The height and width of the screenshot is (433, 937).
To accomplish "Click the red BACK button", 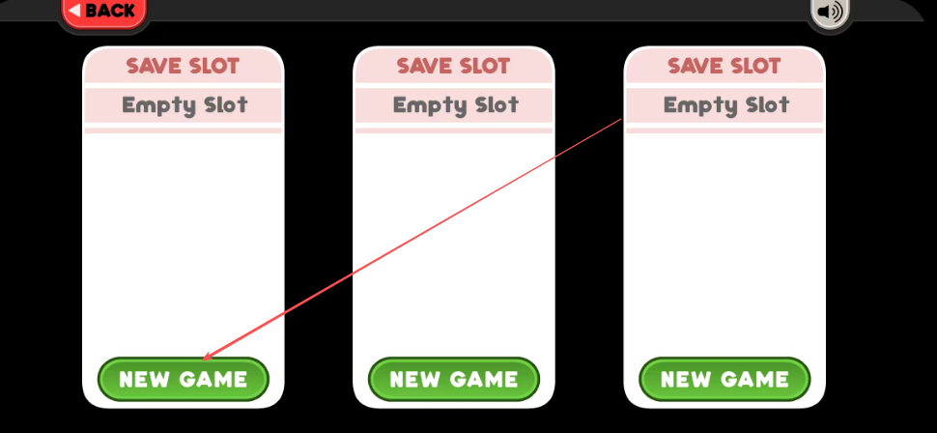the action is (102, 12).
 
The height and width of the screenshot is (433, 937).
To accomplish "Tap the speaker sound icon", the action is (830, 12).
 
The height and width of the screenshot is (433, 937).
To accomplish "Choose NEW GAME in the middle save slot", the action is (454, 379).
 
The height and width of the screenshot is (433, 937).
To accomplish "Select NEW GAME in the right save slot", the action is (724, 379).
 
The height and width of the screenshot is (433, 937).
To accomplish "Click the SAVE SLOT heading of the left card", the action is (183, 66).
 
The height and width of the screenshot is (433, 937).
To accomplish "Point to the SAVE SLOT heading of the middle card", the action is (454, 66).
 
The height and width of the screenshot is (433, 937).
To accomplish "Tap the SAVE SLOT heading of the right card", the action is (724, 66).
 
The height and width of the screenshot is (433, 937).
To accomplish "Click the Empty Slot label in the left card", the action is (185, 106).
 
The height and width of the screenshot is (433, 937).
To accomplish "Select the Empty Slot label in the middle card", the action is (455, 106).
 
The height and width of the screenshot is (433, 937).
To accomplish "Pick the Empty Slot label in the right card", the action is (726, 106).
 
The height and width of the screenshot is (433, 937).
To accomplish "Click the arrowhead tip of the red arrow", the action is (203, 361).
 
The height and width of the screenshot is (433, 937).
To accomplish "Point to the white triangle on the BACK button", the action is (74, 11).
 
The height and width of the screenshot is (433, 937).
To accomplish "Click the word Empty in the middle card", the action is (425, 106).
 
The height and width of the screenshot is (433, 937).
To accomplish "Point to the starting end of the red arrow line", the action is (621, 119).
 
